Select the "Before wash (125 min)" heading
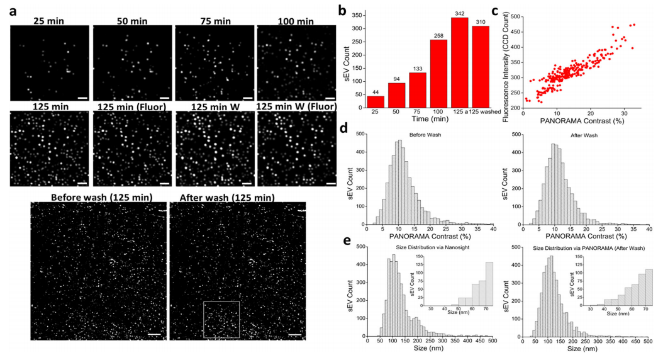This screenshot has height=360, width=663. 101,198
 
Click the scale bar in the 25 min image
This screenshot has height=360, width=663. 82,98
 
